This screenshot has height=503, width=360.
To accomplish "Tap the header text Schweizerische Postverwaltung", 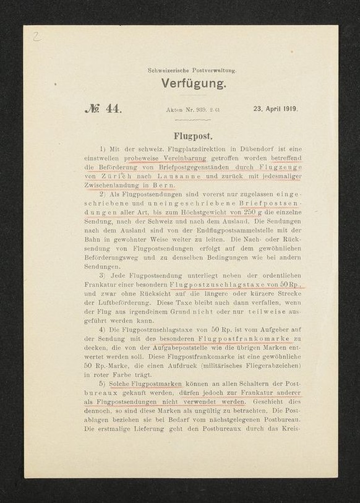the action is click(x=192, y=71).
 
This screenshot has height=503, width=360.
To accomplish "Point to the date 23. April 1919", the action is click(x=275, y=109).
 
